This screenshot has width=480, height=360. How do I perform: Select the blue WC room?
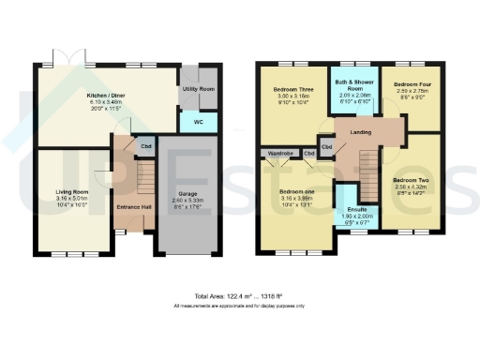pyautogui.click(x=198, y=123)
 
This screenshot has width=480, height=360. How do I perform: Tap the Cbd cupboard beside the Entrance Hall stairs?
pyautogui.click(x=146, y=146)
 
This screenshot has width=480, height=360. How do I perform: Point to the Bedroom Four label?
pyautogui.click(x=412, y=84)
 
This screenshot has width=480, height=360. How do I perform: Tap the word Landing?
pyautogui.click(x=361, y=132)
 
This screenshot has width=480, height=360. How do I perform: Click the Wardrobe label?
pyautogui.click(x=281, y=152)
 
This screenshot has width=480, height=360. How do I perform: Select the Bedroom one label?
pyautogui.click(x=297, y=192)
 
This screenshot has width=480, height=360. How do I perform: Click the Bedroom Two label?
pyautogui.click(x=411, y=179)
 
